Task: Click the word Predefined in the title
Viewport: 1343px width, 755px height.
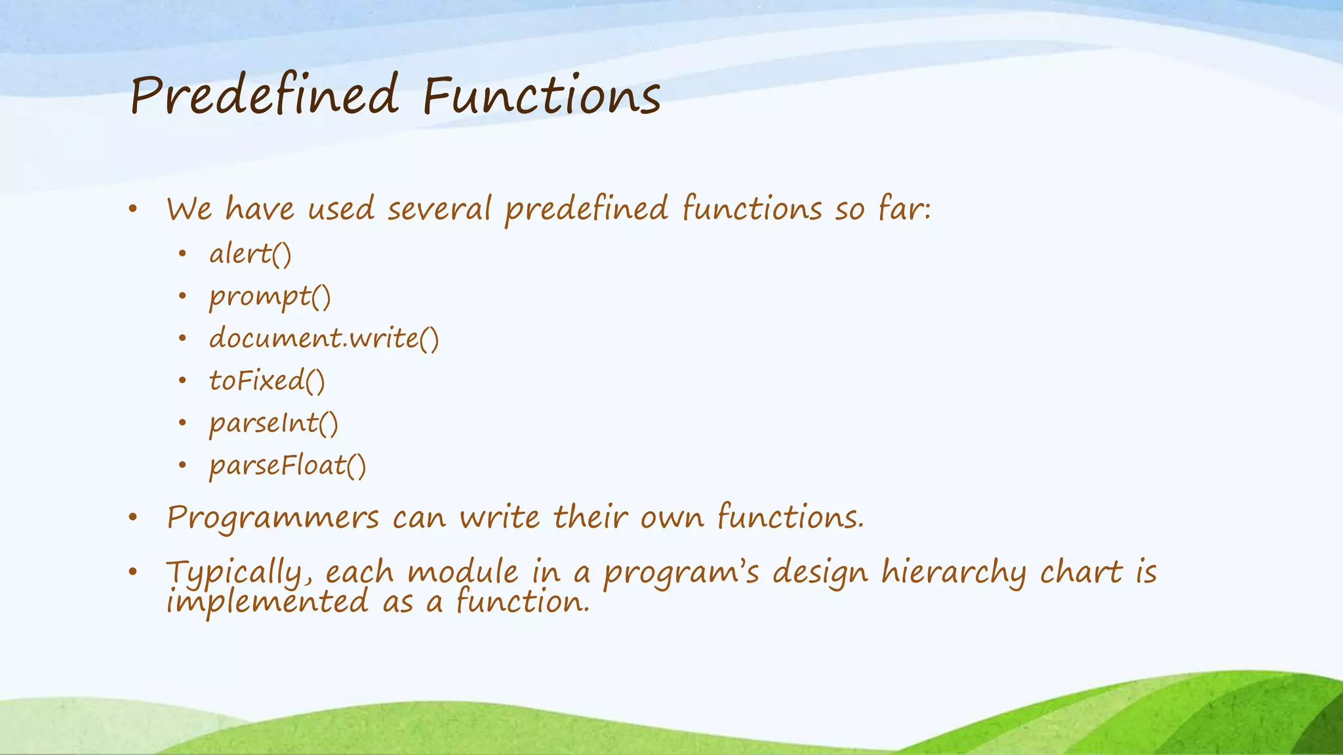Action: pyautogui.click(x=264, y=96)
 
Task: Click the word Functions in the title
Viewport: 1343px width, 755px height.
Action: pyautogui.click(x=542, y=96)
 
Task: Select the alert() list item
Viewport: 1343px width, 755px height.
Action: pyautogui.click(x=250, y=254)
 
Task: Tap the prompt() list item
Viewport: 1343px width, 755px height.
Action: pyautogui.click(x=270, y=297)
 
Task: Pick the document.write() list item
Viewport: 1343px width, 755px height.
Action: pyautogui.click(x=324, y=338)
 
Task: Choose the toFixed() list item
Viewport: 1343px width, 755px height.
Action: pyautogui.click(x=267, y=381)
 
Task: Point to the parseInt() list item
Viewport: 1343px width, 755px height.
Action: pyautogui.click(x=273, y=423)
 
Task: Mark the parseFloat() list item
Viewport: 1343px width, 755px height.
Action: pyautogui.click(x=287, y=466)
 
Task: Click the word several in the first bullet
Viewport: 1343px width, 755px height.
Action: pyautogui.click(x=439, y=209)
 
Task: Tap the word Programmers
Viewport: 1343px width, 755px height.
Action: pyautogui.click(x=273, y=518)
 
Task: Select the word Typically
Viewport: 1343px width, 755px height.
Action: pyautogui.click(x=233, y=573)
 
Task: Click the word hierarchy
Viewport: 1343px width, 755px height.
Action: pyautogui.click(x=953, y=573)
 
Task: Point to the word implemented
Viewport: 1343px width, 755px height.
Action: pyautogui.click(x=268, y=602)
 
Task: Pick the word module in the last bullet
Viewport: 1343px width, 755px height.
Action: pyautogui.click(x=463, y=571)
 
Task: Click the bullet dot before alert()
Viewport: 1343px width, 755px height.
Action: pyautogui.click(x=182, y=254)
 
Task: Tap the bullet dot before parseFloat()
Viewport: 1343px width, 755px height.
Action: pyautogui.click(x=182, y=466)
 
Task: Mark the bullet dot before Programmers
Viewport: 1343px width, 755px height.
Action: pyautogui.click(x=133, y=518)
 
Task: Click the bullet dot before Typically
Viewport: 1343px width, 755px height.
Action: pyautogui.click(x=133, y=572)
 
